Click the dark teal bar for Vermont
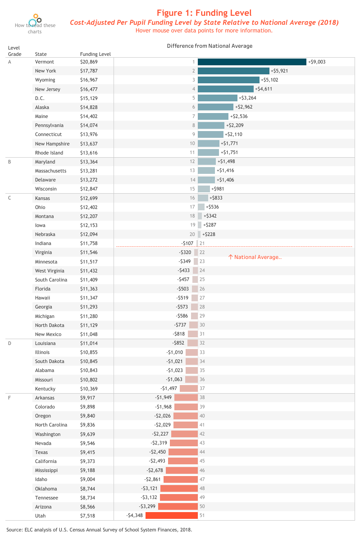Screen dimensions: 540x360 tap(252, 62)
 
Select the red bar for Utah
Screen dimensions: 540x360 tap(172, 516)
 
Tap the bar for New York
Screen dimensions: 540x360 tap(233, 71)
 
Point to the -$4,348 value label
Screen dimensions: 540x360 tap(135, 516)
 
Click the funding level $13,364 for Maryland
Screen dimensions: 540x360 tap(89, 162)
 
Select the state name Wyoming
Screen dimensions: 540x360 tap(45, 80)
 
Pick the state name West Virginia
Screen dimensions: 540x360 tap(50, 271)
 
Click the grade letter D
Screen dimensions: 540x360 tap(10, 343)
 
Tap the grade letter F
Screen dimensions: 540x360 tap(10, 398)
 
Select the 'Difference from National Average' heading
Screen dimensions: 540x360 tap(210, 46)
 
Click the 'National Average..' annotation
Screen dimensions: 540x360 tap(255, 257)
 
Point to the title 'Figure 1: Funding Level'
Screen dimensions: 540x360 tap(204, 13)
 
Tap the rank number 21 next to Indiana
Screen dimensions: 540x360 tap(202, 243)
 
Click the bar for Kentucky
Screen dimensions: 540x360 tap(189, 389)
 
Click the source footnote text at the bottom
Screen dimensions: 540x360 tap(102, 530)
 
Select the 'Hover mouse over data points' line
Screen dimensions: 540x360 tap(204, 31)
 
